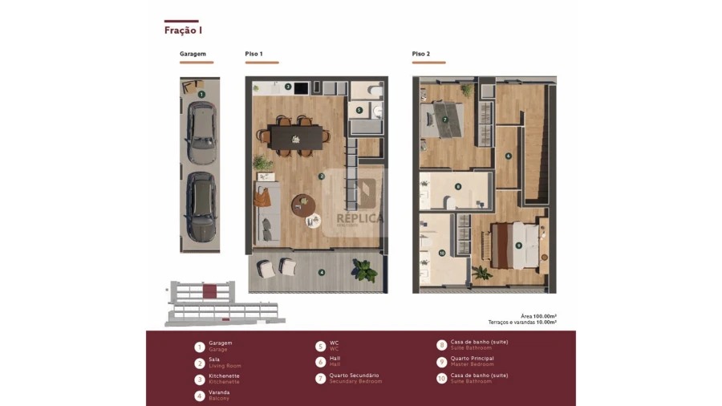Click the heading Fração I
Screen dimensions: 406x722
(x=183, y=30)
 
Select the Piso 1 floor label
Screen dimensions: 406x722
(x=254, y=54)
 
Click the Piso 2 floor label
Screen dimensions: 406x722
(x=421, y=54)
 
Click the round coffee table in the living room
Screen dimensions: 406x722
(x=303, y=205)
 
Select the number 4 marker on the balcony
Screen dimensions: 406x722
(x=322, y=273)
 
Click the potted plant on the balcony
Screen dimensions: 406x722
(x=365, y=270)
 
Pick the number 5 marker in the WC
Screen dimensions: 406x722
(x=359, y=110)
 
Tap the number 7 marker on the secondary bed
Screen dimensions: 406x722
(x=444, y=120)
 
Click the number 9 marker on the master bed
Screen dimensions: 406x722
(x=518, y=245)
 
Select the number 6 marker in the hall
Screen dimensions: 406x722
(x=508, y=156)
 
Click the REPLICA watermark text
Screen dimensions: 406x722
(x=359, y=218)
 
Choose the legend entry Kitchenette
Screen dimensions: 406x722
(x=224, y=376)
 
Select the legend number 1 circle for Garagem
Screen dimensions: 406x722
(x=199, y=347)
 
